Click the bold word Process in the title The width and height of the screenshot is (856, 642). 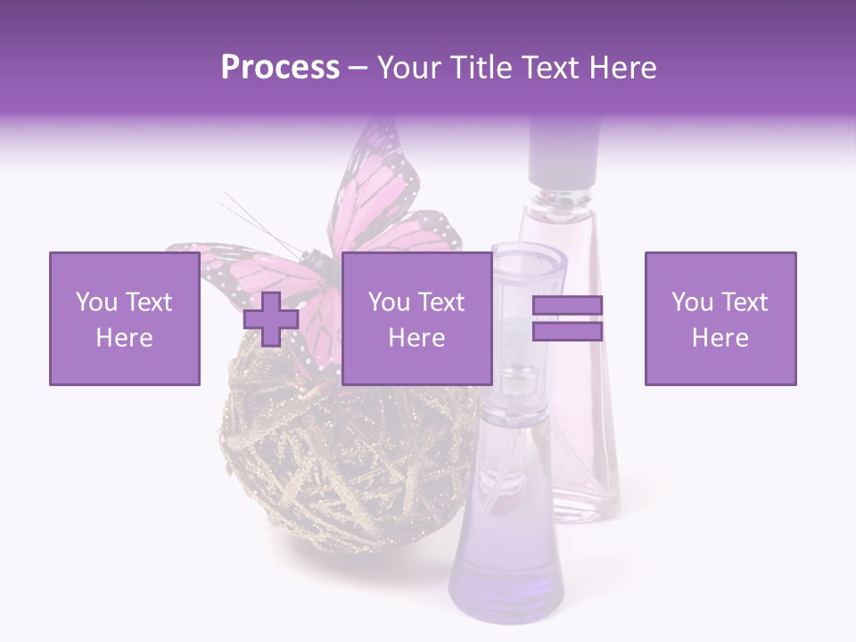point(280,67)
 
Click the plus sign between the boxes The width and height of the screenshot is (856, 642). point(271,319)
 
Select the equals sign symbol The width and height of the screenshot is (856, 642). point(567,318)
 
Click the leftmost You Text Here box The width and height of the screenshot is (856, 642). point(124,318)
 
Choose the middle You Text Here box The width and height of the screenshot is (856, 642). point(416,318)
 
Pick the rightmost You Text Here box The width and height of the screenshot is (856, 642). point(720,318)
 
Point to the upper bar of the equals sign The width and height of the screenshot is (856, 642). point(567,306)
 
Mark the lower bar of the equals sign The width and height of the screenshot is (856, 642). point(567,331)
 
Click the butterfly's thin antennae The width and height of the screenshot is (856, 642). point(254,218)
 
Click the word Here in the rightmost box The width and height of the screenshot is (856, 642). point(720,338)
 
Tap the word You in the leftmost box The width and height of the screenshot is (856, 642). point(97,302)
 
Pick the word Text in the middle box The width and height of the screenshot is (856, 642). point(441,302)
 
